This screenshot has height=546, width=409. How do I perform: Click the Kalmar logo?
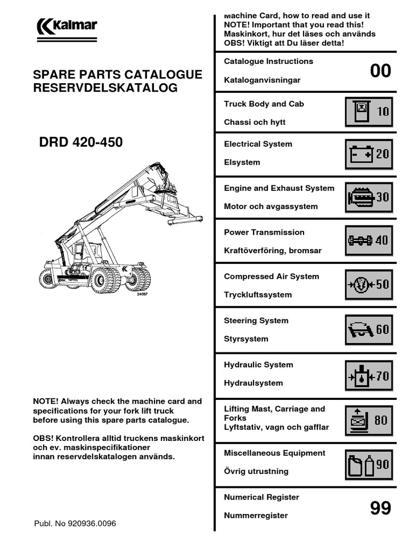(67, 26)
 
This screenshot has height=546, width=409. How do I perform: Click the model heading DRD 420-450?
(81, 142)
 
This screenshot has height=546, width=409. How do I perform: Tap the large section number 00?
(380, 70)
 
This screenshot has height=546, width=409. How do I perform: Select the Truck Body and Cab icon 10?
(369, 111)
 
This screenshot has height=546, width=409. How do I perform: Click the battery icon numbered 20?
(369, 155)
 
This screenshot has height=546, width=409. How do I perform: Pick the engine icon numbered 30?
(369, 197)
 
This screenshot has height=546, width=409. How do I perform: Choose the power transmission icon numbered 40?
(369, 240)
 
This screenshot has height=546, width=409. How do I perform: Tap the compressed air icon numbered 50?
(369, 284)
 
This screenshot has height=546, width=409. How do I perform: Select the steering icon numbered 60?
(369, 329)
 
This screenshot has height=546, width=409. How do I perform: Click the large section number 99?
(380, 508)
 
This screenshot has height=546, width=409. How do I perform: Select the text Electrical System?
(258, 144)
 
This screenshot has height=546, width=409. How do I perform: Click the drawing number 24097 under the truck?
(142, 294)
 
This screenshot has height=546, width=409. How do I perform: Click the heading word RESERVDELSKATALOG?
(105, 88)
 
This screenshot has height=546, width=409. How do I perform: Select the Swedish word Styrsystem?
(246, 339)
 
